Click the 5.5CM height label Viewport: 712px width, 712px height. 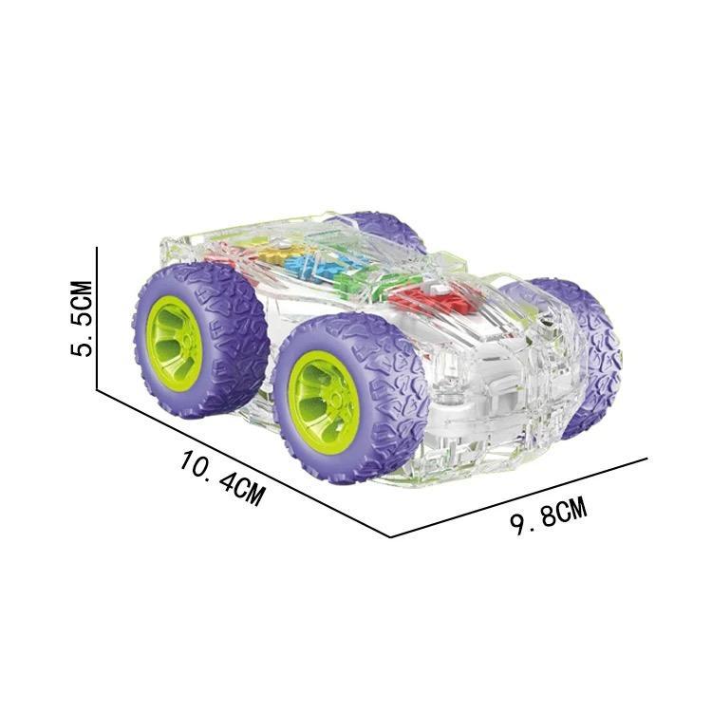tap(82, 318)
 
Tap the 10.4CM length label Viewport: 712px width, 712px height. tap(222, 477)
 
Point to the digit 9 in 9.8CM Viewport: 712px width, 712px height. tap(516, 527)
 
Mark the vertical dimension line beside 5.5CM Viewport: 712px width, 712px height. tap(97, 318)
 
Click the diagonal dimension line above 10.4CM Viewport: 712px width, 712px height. tap(244, 463)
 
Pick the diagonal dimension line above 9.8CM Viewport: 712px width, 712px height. tap(518, 497)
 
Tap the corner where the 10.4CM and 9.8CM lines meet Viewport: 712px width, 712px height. tap(390, 537)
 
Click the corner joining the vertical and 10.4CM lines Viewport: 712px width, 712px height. tap(97, 389)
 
